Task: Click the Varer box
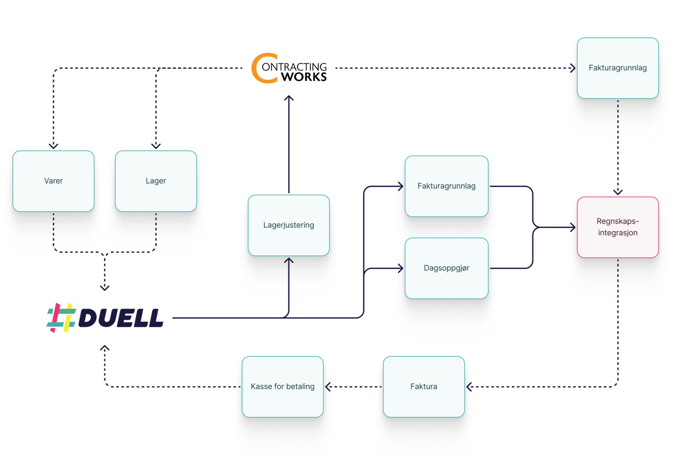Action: [53, 181]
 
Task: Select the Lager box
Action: [156, 181]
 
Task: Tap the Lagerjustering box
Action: [288, 225]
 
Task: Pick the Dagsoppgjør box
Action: [446, 268]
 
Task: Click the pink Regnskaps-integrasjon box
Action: [618, 227]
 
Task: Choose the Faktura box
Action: [424, 387]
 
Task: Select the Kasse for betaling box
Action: [282, 387]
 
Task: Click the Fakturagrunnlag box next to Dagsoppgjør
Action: [446, 186]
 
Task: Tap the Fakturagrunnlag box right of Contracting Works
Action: [618, 68]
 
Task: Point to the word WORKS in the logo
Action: [304, 77]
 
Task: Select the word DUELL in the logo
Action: [121, 318]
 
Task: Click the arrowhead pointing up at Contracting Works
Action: [289, 98]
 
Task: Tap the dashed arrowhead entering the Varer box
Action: [53, 146]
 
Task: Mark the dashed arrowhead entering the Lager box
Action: [156, 146]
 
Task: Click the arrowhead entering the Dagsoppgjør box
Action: [401, 268]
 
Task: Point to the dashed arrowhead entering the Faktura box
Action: [469, 387]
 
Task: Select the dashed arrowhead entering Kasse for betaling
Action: [328, 387]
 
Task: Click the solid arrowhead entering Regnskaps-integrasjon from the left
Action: [573, 227]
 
